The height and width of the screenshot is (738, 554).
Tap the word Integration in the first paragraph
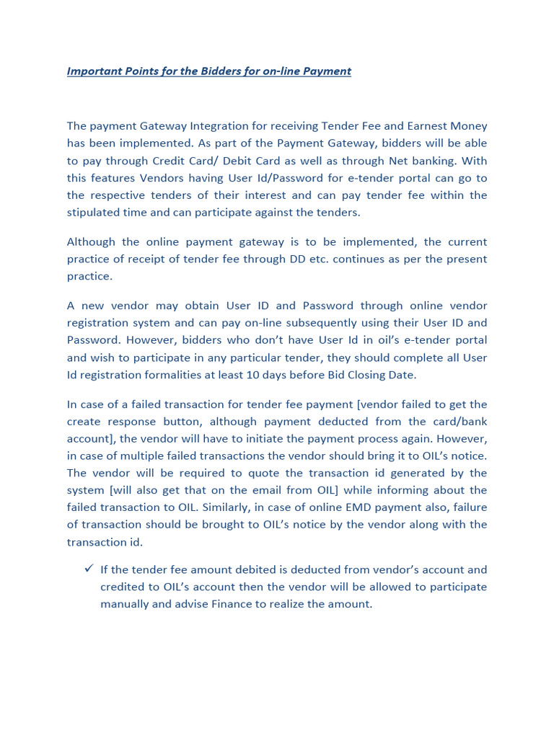coord(223,126)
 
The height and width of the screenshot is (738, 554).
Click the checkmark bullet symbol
coord(88,569)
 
